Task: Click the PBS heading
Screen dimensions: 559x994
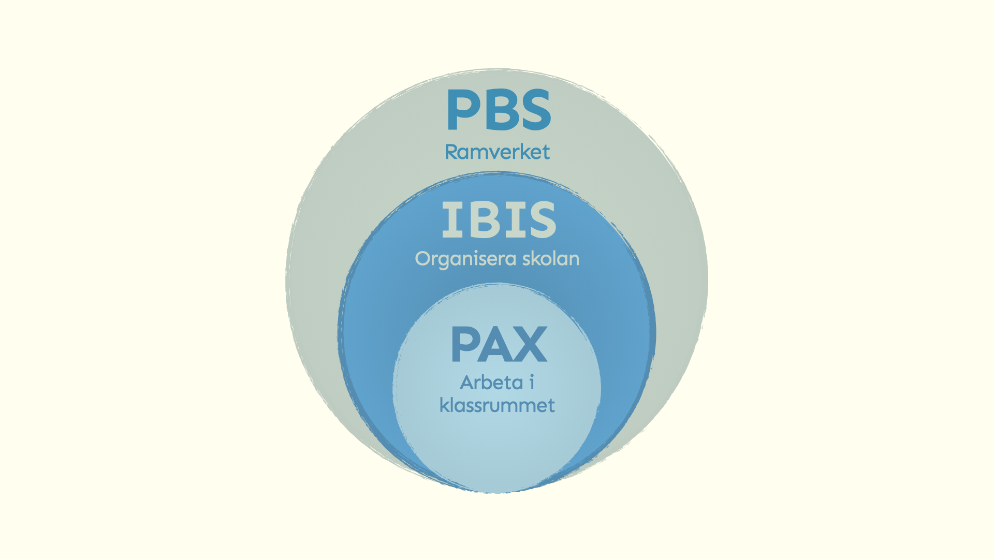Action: (x=499, y=110)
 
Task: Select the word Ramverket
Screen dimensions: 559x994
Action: (x=497, y=152)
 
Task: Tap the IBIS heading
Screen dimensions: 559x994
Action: (x=499, y=220)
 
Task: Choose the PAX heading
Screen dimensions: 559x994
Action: (x=499, y=345)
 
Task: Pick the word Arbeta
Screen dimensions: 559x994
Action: (x=491, y=383)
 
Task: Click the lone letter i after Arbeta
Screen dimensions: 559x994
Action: (x=531, y=383)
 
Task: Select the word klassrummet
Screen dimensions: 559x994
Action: (x=497, y=405)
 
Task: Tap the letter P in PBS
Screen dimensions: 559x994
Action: (x=462, y=110)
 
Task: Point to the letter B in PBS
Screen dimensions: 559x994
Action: (x=498, y=110)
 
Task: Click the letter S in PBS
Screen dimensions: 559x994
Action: (x=533, y=110)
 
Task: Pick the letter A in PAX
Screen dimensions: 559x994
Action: (x=498, y=345)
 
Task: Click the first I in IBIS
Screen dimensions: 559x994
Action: (x=451, y=220)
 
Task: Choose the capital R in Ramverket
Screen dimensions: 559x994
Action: (x=452, y=152)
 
